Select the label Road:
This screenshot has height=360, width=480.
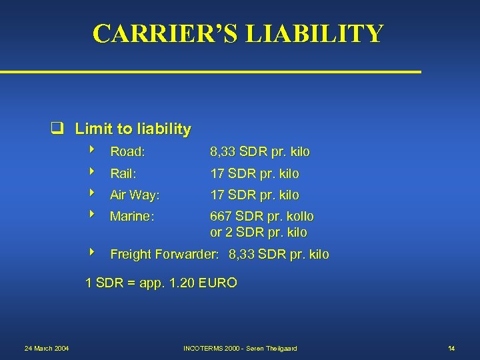pos(128,152)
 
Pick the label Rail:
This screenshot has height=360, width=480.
pos(123,174)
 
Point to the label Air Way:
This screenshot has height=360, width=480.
pos(135,195)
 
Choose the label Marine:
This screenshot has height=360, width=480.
pos(132,217)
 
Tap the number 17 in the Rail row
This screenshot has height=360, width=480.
pos(217,174)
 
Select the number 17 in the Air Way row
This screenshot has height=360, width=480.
pos(217,195)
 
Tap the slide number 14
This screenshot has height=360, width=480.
pos(451,348)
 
